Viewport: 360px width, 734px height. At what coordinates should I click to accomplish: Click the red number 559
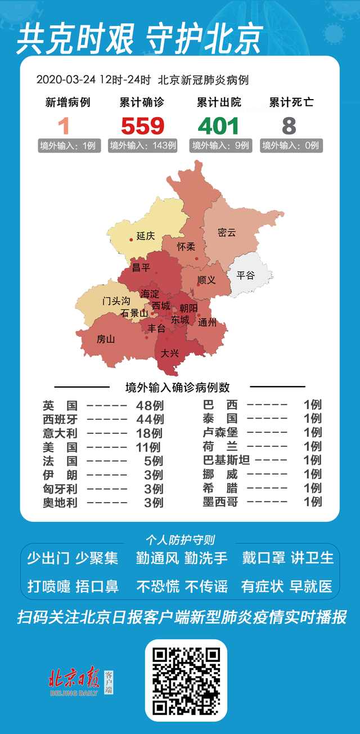pyautogui.click(x=142, y=126)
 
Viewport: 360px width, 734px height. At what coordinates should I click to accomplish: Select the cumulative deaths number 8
pyautogui.click(x=290, y=126)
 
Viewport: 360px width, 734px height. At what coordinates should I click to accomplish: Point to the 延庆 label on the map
pyautogui.click(x=145, y=236)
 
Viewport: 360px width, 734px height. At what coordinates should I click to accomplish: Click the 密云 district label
pyautogui.click(x=227, y=232)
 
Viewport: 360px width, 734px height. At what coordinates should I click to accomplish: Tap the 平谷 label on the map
pyautogui.click(x=245, y=275)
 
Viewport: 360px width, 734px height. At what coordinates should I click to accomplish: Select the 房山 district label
pyautogui.click(x=106, y=339)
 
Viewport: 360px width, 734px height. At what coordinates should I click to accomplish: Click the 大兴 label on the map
pyautogui.click(x=169, y=353)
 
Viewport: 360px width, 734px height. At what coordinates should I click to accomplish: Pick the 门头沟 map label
pyautogui.click(x=116, y=301)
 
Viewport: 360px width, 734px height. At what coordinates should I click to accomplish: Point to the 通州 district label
pyautogui.click(x=208, y=323)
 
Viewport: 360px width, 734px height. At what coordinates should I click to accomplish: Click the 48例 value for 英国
pyautogui.click(x=150, y=405)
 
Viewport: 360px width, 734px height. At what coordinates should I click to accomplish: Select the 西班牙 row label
pyautogui.click(x=60, y=419)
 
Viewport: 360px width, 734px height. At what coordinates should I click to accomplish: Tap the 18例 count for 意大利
pyautogui.click(x=149, y=433)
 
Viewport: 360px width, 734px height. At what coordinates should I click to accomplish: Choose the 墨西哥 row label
pyautogui.click(x=220, y=502)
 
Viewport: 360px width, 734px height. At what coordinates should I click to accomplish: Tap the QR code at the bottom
pyautogui.click(x=186, y=680)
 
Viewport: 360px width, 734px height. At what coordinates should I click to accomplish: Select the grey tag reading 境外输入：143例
pyautogui.click(x=143, y=146)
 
